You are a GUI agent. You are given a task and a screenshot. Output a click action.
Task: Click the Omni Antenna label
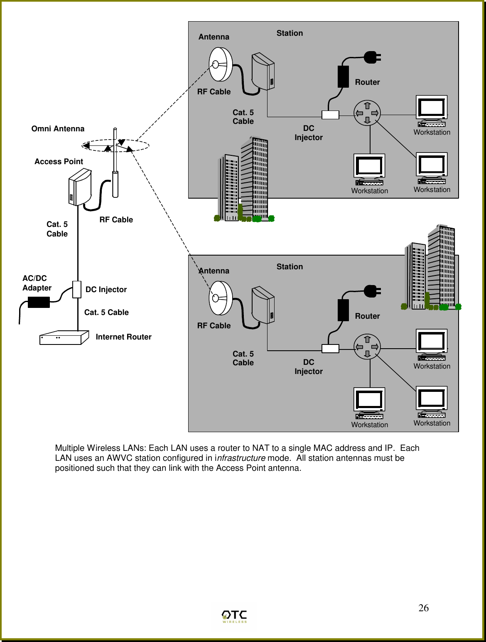[x=58, y=129]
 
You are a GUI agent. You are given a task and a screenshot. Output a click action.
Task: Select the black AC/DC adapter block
[x=39, y=302]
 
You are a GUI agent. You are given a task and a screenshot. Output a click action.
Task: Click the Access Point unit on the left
[x=80, y=187]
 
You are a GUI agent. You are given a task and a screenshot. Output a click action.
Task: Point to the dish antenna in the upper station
[x=220, y=64]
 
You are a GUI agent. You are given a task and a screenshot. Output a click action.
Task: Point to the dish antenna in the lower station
[x=220, y=298]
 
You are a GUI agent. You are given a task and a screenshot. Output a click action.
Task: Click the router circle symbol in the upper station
[x=367, y=113]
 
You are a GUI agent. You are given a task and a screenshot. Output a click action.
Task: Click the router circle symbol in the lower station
[x=367, y=347]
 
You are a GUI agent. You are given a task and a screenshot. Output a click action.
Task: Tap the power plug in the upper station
[x=372, y=57]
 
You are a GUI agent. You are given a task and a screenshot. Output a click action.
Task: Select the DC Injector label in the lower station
[x=309, y=367]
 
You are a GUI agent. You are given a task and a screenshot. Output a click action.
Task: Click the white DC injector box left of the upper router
[x=330, y=115]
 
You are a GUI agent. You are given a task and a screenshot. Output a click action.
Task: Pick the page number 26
[x=423, y=608]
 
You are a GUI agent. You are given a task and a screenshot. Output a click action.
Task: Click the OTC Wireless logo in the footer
[x=234, y=616]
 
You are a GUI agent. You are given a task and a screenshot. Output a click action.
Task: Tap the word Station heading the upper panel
[x=290, y=33]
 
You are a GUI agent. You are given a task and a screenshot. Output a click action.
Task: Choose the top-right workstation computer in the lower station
[x=432, y=344]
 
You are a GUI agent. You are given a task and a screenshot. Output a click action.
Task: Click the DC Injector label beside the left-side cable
[x=106, y=290]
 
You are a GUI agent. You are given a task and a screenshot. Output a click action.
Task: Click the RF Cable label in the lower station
[x=214, y=326]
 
